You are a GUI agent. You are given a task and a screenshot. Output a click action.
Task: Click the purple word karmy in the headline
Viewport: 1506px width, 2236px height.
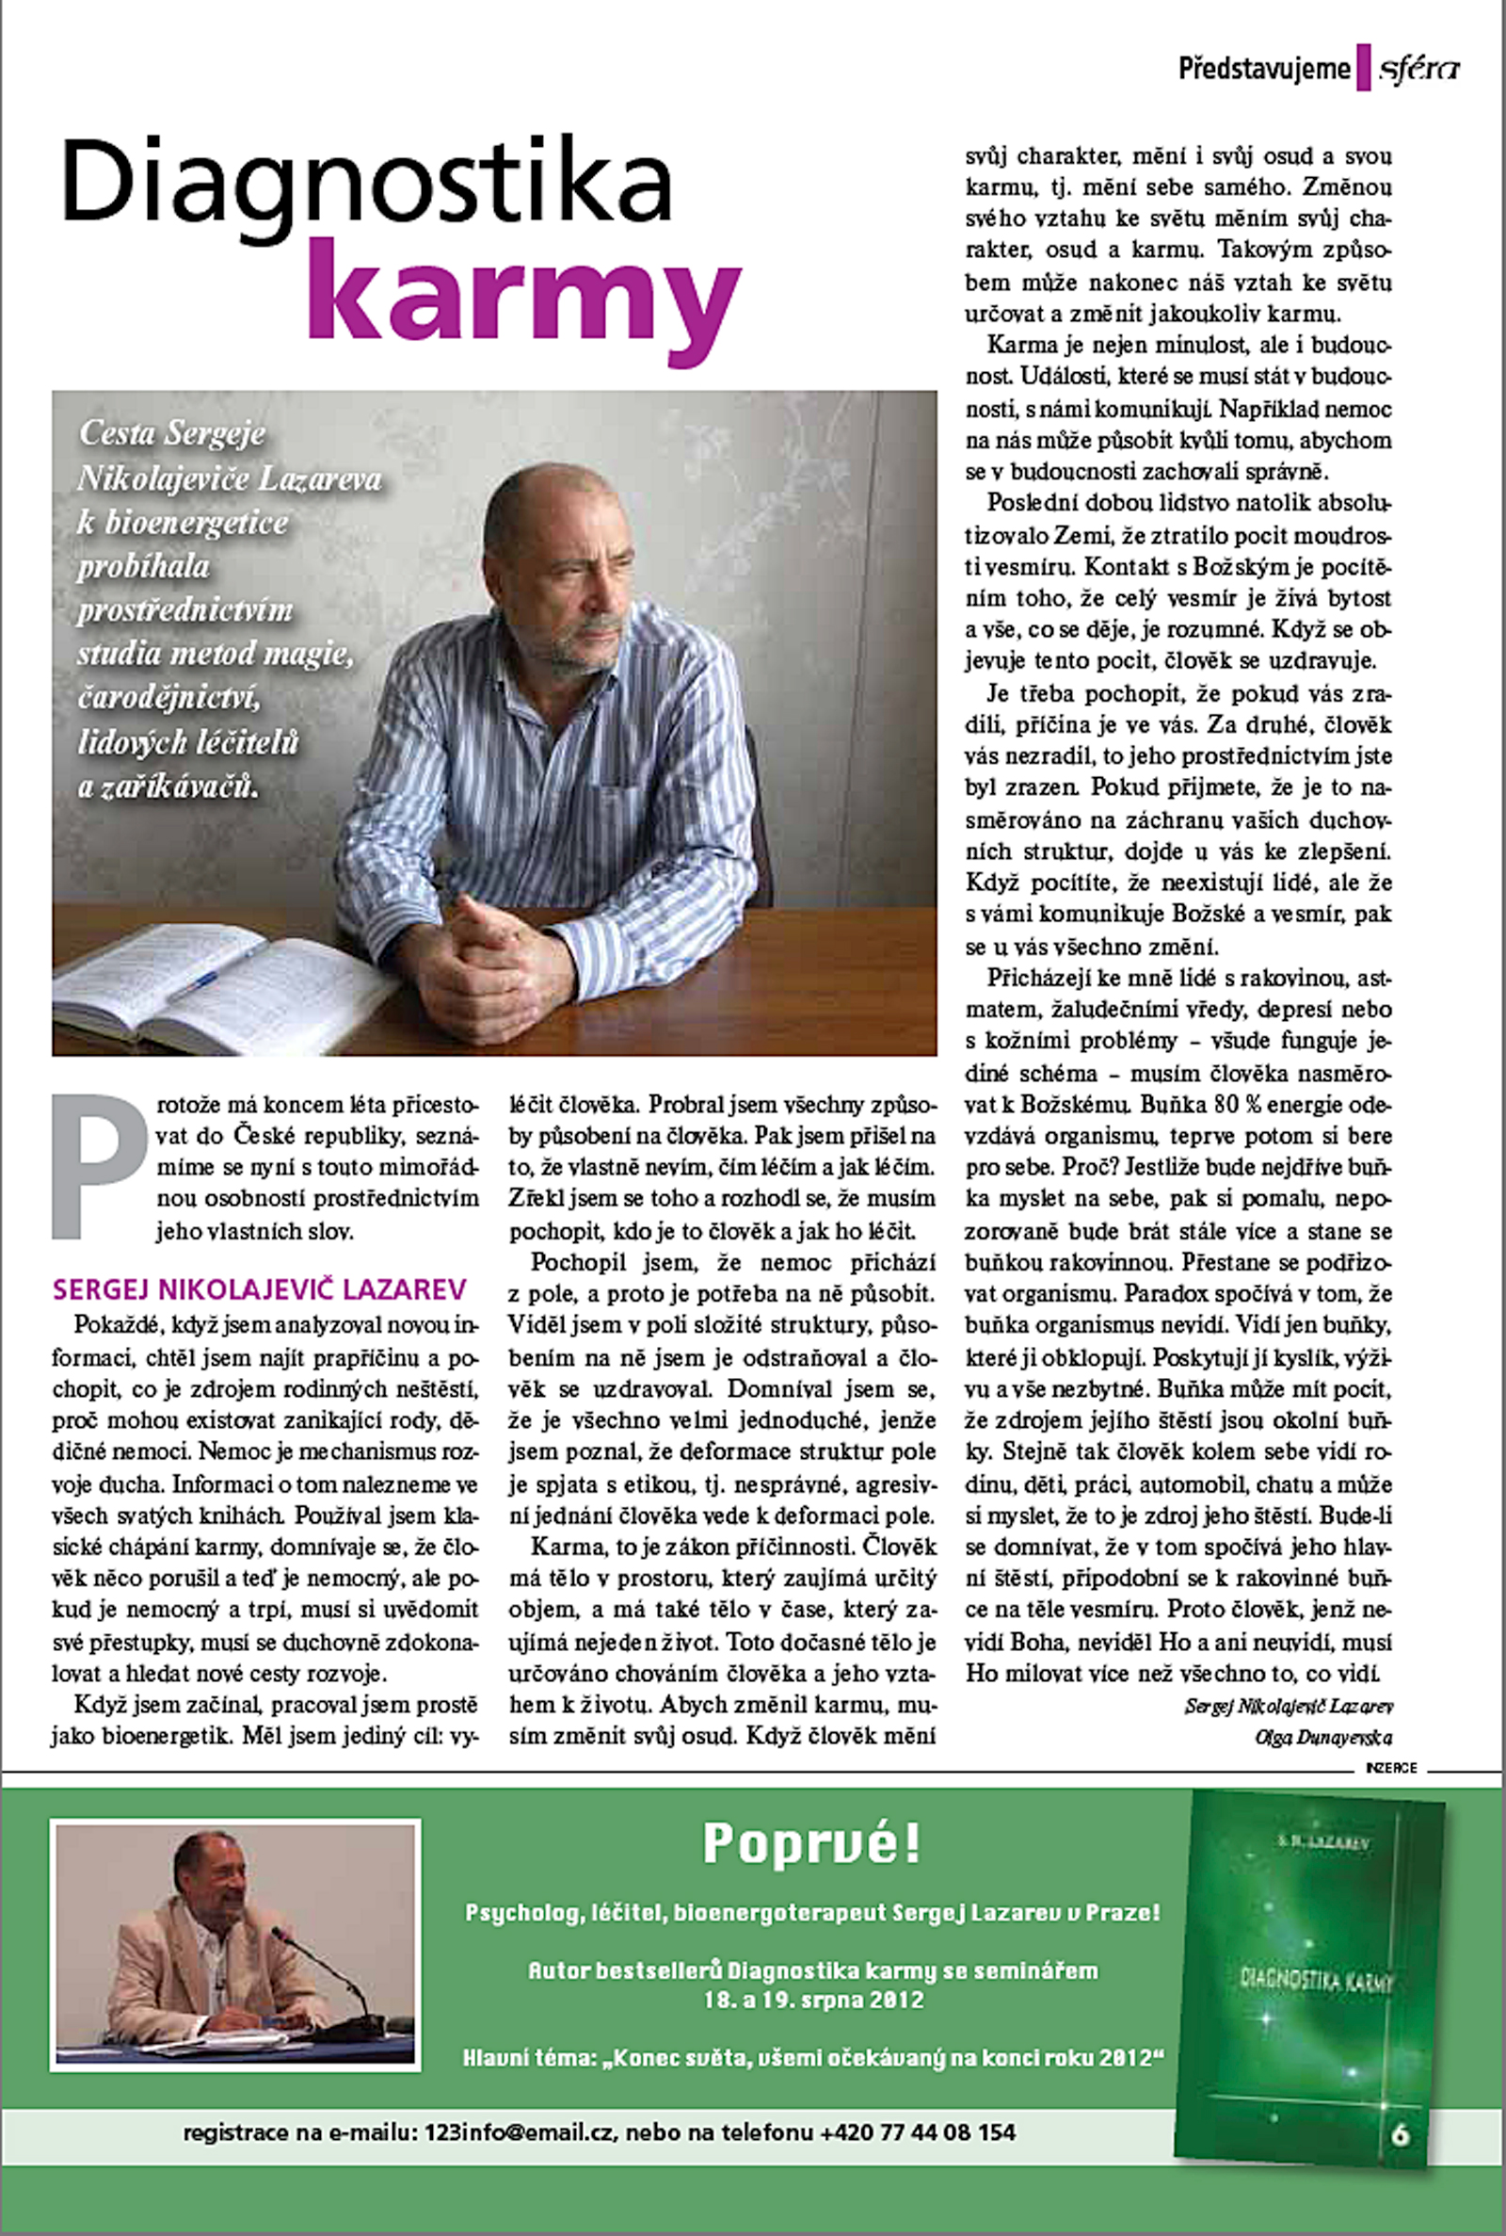[x=523, y=288]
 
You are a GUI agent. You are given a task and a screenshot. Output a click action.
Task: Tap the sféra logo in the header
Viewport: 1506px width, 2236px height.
[x=1418, y=69]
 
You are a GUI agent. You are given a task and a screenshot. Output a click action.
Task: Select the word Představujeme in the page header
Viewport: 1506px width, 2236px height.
[x=1264, y=69]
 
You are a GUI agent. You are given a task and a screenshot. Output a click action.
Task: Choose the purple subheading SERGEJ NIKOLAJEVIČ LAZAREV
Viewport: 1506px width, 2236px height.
[x=260, y=1288]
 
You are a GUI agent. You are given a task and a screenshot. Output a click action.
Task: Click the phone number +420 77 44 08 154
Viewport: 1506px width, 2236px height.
[x=917, y=2132]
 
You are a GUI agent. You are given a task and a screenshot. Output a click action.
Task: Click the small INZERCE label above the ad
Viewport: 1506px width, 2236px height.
[x=1391, y=1767]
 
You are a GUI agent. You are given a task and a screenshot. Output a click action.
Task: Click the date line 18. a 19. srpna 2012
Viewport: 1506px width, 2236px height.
[x=812, y=2000]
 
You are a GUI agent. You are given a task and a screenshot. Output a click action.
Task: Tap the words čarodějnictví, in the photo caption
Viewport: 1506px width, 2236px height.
[x=169, y=698]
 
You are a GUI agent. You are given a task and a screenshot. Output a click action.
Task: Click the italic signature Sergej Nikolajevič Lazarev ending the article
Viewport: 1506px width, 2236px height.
[x=1288, y=1707]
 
